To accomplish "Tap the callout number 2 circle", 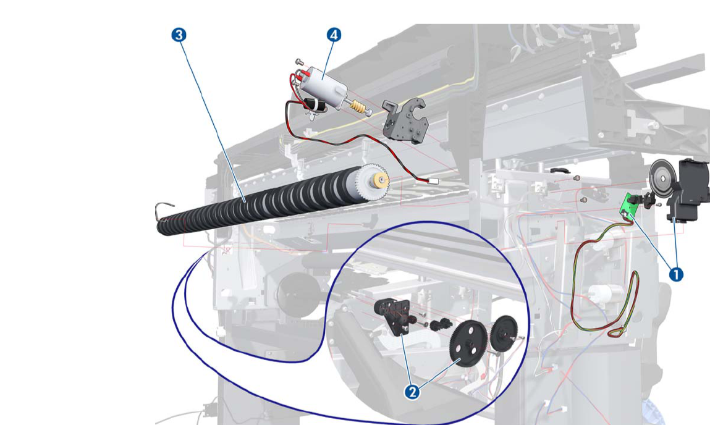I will [413, 392].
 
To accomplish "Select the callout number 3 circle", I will [179, 35].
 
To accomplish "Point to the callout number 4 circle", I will [334, 35].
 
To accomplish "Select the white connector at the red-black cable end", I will [432, 181].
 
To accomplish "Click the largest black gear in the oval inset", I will [469, 343].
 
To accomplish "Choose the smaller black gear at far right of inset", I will [506, 334].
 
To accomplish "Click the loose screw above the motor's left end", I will [299, 61].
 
